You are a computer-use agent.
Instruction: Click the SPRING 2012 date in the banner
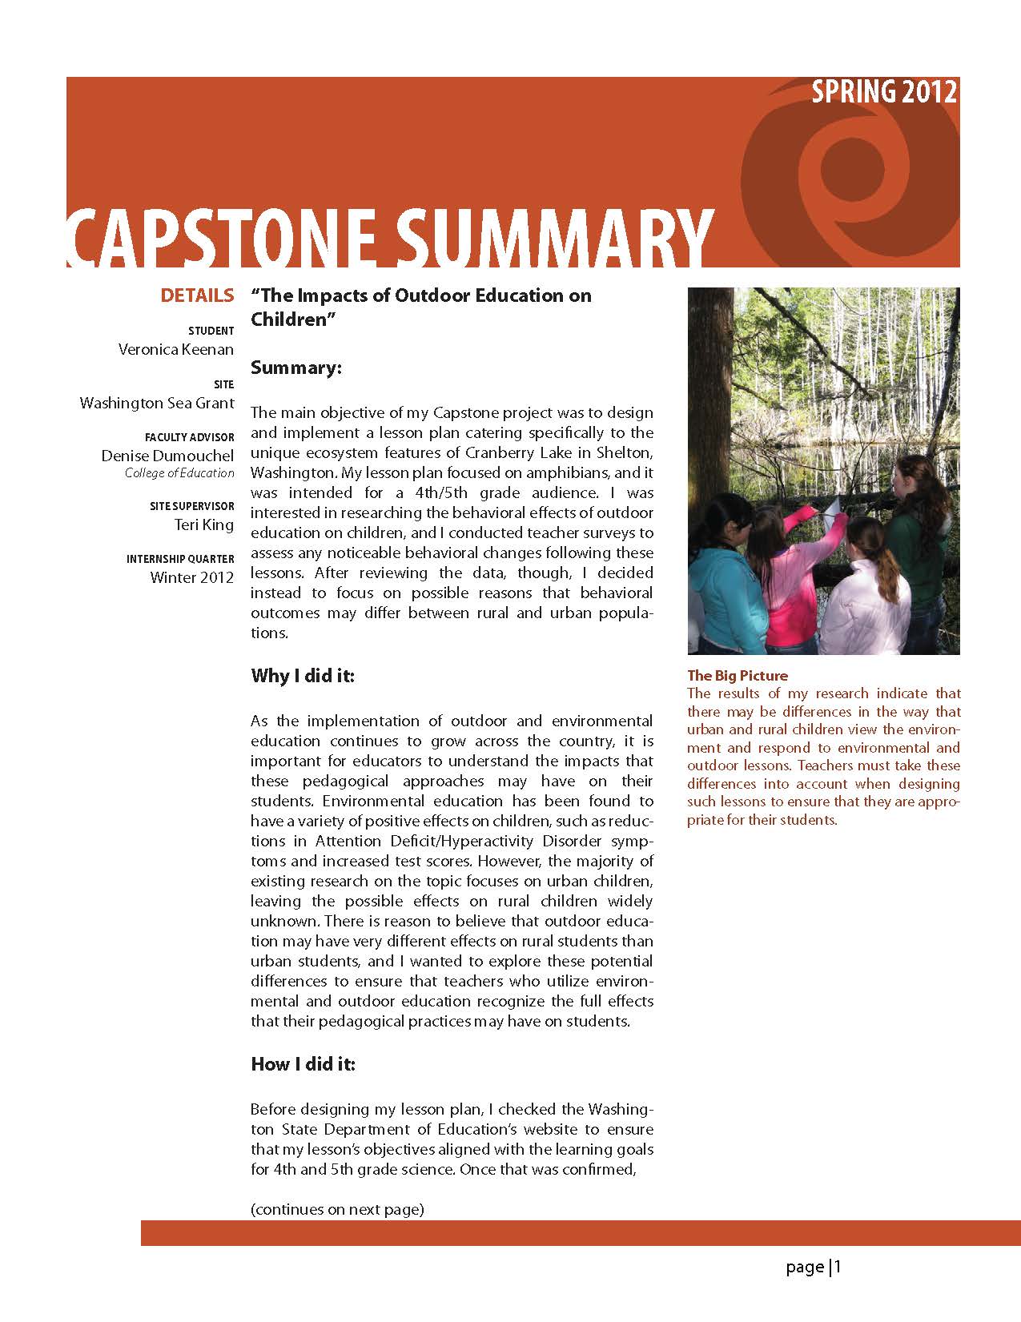coord(883,92)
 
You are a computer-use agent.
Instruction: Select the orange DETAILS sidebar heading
coord(197,295)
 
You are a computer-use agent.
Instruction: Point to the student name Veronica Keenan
coord(176,349)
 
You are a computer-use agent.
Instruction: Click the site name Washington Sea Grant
coord(157,403)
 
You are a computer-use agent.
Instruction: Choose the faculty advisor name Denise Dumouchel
coord(167,456)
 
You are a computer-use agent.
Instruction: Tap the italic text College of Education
coord(179,472)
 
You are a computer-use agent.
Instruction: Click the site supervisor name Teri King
coord(204,525)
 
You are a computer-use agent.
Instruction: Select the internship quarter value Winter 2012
coord(192,577)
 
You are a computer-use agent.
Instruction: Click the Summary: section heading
coord(296,368)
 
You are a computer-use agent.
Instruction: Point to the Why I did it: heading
coord(303,676)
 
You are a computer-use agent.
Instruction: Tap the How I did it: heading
coord(303,1064)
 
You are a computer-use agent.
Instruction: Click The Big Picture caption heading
coord(738,675)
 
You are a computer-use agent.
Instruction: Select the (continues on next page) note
coord(337,1209)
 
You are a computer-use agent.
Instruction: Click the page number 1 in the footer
coord(838,1267)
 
